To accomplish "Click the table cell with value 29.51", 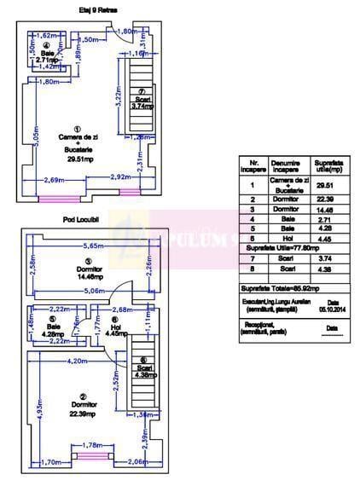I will tap(325, 185).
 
